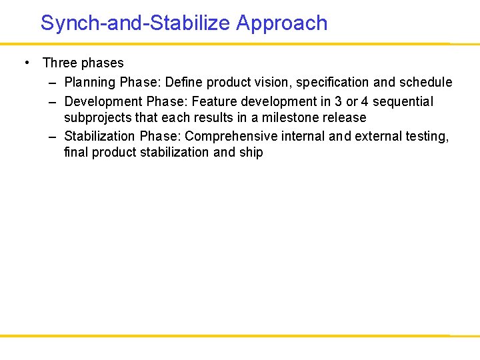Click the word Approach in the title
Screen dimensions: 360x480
[281, 23]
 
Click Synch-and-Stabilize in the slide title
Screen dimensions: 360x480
[135, 23]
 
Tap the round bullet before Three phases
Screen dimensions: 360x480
[26, 63]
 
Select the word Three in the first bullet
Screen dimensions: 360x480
[60, 63]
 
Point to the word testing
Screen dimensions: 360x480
[427, 137]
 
